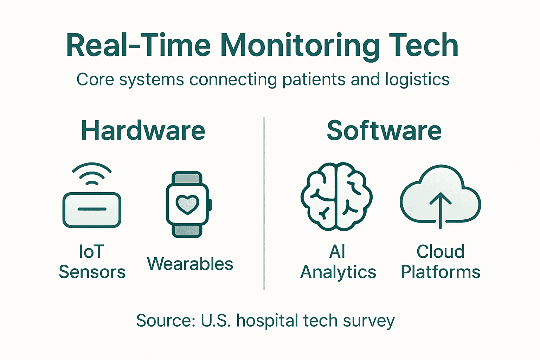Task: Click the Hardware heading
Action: point(143,131)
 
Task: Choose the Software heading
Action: point(384,131)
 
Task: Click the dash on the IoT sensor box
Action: point(92,209)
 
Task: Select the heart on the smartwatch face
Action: point(187,204)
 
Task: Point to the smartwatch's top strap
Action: point(187,178)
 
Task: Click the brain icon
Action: point(336,197)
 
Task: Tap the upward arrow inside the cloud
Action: point(440,209)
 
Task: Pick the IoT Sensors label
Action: point(92,262)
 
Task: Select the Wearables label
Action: point(190,264)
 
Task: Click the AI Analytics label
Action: point(338,262)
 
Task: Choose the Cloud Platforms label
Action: point(441,262)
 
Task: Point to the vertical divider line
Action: point(264,204)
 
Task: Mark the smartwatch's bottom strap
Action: point(187,231)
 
